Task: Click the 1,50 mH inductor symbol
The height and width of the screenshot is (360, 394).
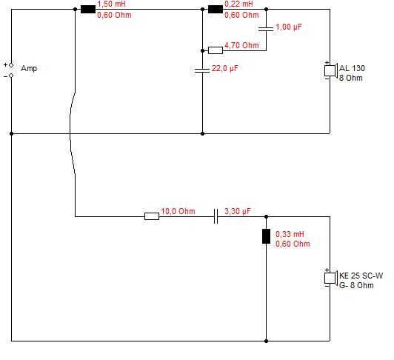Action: click(x=88, y=10)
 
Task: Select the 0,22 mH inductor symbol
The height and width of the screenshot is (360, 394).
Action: click(x=216, y=10)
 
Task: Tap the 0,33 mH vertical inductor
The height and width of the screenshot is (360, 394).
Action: click(x=266, y=236)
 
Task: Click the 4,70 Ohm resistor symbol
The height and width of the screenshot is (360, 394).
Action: click(x=216, y=50)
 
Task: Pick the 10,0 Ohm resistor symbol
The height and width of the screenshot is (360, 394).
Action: click(x=152, y=216)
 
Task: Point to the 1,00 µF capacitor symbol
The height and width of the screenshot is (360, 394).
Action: click(x=266, y=29)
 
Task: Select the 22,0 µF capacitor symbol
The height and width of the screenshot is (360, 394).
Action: click(x=202, y=70)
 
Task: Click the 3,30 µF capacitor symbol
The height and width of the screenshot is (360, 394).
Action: click(x=216, y=216)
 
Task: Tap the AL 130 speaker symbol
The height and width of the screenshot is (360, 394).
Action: click(x=330, y=70)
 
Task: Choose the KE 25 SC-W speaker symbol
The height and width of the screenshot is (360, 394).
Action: click(x=330, y=278)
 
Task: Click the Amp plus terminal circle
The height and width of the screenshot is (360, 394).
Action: click(x=11, y=65)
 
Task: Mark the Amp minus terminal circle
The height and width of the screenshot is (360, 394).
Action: click(x=11, y=76)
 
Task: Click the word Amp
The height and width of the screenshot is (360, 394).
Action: click(x=29, y=69)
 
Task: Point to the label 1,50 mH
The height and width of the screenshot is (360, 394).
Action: click(x=112, y=4)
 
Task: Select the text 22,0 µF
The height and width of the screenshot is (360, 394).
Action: click(x=224, y=68)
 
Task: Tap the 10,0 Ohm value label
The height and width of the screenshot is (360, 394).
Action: click(x=178, y=211)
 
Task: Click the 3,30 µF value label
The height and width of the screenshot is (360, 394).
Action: click(x=238, y=211)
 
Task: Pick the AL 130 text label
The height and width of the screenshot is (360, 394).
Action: click(x=352, y=68)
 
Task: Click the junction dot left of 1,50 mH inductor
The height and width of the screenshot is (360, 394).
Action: click(x=75, y=10)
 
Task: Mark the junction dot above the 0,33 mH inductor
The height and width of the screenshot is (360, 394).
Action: click(x=267, y=216)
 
